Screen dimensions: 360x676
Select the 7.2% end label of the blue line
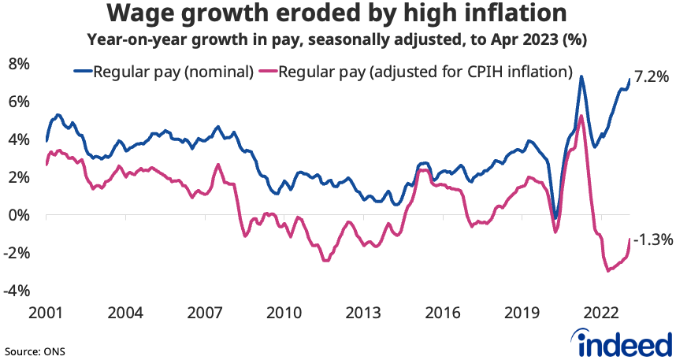652,77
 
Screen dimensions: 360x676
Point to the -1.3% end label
653,239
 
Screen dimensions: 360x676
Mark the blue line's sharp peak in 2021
581,76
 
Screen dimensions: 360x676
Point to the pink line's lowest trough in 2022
607,271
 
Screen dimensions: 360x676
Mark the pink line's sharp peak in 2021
581,116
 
